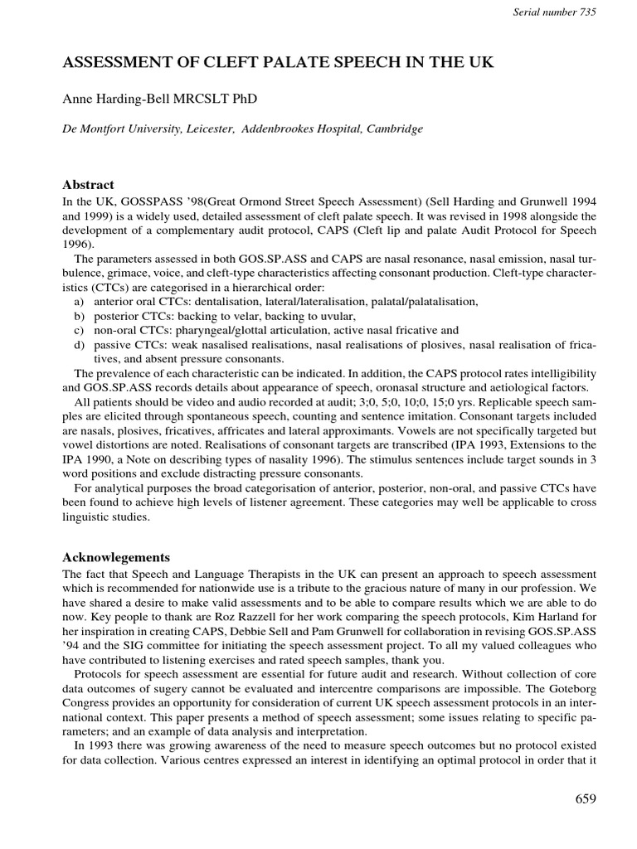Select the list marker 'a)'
click(x=80, y=303)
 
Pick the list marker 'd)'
click(x=80, y=345)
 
